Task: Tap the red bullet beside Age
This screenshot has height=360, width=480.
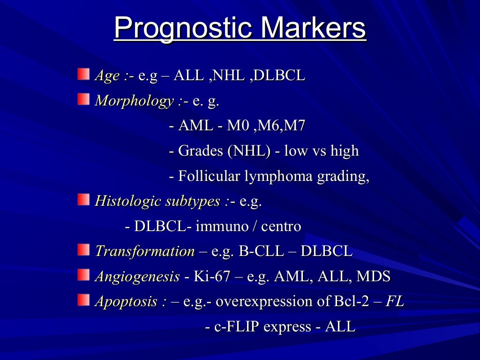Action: (x=83, y=74)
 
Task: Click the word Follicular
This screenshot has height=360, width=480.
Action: (x=210, y=176)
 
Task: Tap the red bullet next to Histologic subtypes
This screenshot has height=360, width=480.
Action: (x=83, y=200)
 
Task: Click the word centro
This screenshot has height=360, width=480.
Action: (x=281, y=226)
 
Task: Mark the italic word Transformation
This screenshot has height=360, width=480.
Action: (x=144, y=251)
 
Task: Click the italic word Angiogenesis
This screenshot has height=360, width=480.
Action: (x=137, y=277)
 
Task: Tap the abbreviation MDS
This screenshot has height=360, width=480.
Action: (x=373, y=277)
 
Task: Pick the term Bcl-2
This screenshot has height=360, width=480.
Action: (x=351, y=301)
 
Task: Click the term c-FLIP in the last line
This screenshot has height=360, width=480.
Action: (x=237, y=327)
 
